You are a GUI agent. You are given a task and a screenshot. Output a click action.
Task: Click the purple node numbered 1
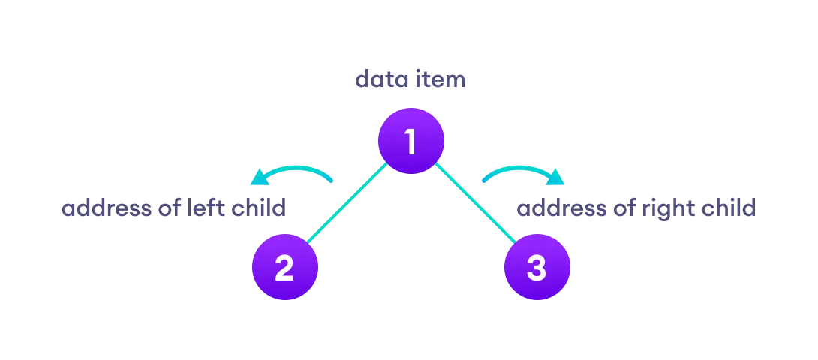coord(411,141)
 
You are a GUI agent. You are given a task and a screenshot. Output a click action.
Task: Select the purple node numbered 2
coord(284,268)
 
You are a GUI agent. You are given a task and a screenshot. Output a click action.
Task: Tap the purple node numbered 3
coord(537,268)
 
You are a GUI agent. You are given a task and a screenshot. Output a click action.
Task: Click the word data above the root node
coord(380,79)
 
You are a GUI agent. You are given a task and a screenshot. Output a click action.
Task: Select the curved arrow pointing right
coord(522,172)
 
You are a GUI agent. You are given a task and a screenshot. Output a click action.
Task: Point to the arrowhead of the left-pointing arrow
coord(259,177)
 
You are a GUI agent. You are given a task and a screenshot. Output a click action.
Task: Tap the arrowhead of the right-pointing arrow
coord(556,177)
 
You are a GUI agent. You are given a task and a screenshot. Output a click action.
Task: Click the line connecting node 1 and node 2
coord(347,204)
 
